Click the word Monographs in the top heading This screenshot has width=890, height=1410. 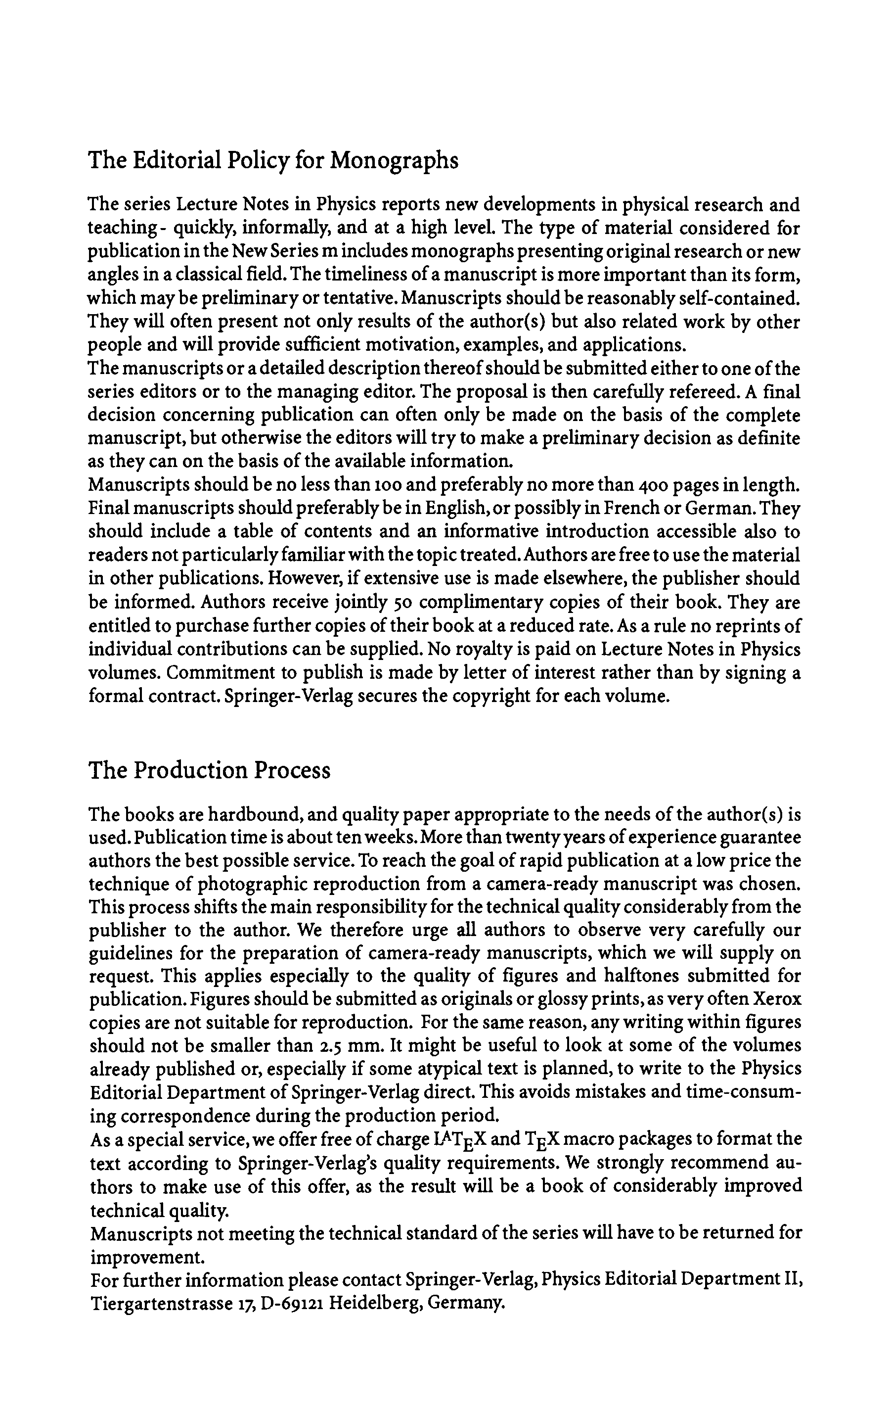coord(394,160)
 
